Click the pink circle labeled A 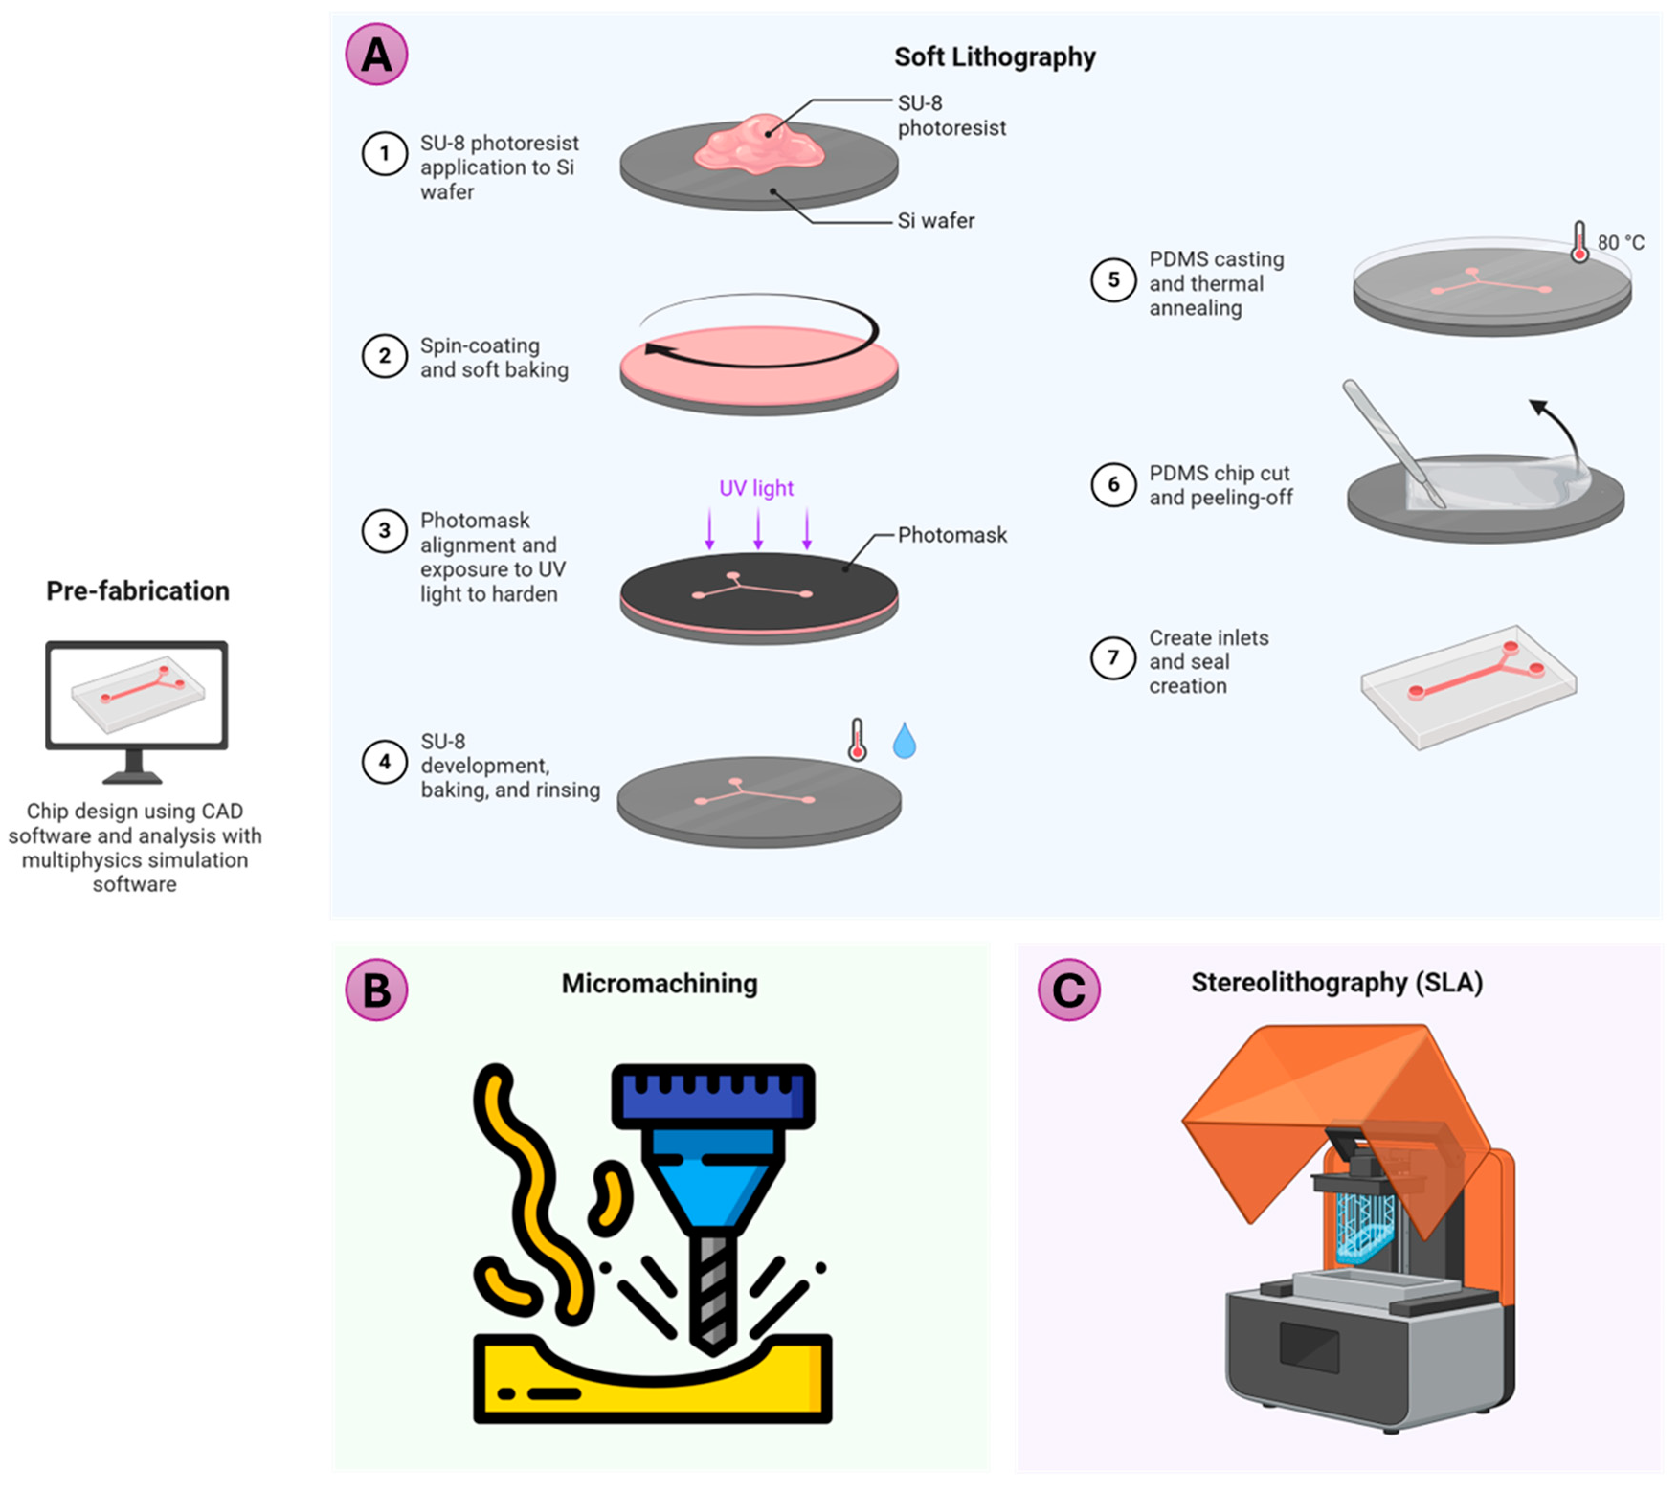376,54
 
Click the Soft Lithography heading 994,57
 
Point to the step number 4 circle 384,762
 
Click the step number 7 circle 1112,657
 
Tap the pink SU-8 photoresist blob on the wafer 760,146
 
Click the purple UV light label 756,488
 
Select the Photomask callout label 951,535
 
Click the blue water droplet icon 904,742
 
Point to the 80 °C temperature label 1621,243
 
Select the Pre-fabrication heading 138,590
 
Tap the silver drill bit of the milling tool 712,1287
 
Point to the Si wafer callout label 935,221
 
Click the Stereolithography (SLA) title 1336,983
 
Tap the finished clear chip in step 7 1468,686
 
